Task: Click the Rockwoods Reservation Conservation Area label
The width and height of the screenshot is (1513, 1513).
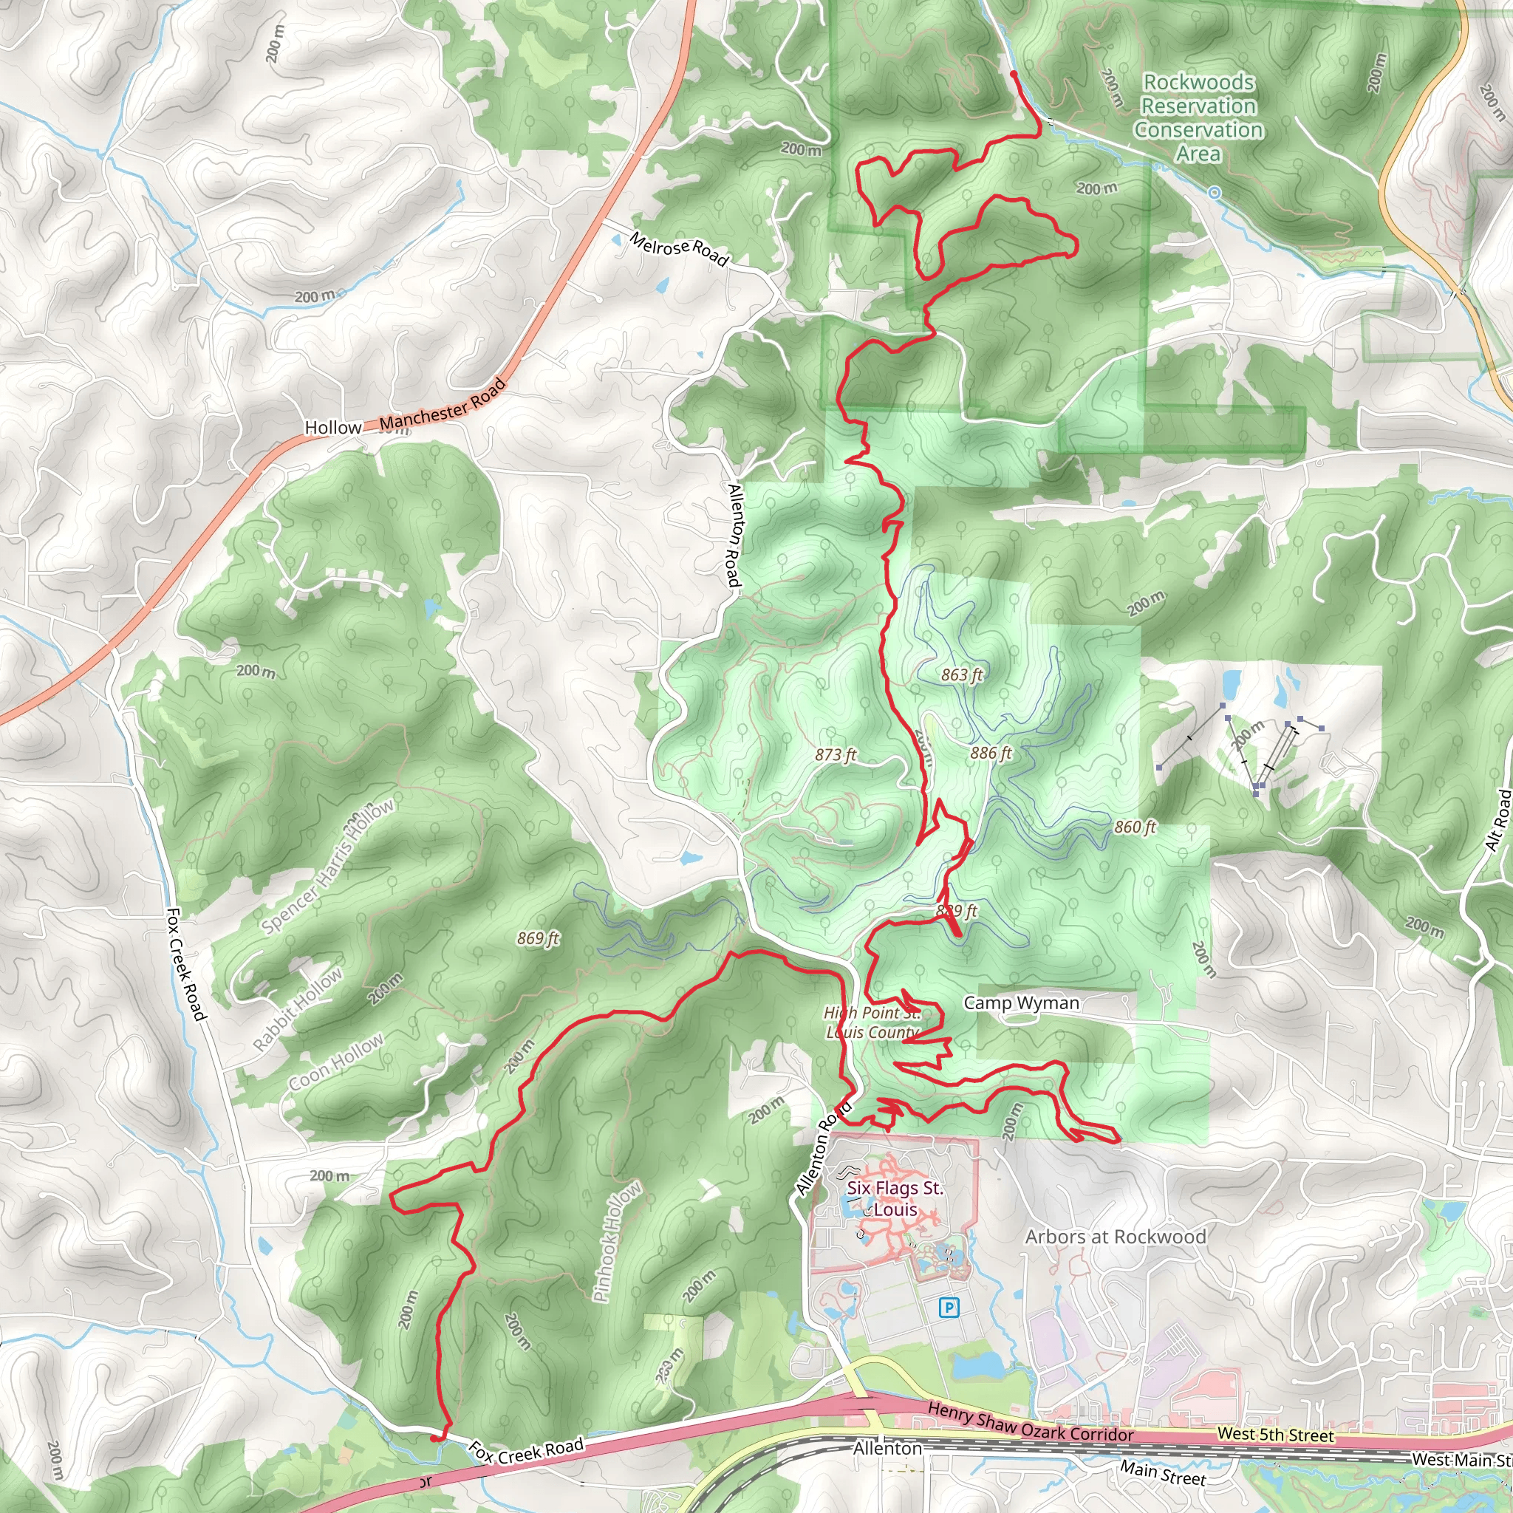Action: tap(1198, 117)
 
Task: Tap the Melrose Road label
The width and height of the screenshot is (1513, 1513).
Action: tap(679, 249)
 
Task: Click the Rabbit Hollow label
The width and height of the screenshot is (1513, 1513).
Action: tap(298, 1008)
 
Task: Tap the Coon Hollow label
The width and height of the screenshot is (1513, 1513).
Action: tap(336, 1062)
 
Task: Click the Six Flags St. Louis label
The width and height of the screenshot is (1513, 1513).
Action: tap(895, 1198)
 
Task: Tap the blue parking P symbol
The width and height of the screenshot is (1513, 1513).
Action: tap(949, 1307)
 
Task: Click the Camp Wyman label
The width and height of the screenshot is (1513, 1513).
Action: tap(1021, 1003)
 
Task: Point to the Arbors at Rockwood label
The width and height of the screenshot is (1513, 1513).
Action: tap(1115, 1237)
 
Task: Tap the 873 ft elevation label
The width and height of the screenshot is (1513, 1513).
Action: tap(836, 755)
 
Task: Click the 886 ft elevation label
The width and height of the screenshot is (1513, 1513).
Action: tap(991, 754)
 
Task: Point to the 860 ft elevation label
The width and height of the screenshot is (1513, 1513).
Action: tap(1135, 827)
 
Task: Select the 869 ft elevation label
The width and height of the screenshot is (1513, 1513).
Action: tap(538, 938)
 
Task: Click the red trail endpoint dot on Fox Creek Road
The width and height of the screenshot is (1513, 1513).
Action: tap(434, 1438)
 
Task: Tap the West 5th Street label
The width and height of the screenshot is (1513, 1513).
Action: tap(1275, 1435)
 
